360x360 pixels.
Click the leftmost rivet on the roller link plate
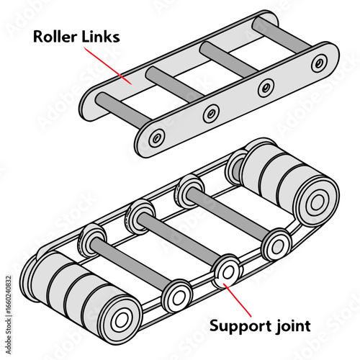pos(157,137)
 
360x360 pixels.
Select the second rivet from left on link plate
pos(212,112)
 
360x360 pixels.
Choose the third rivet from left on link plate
pos(266,86)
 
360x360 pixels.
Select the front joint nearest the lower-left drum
pos(176,296)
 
